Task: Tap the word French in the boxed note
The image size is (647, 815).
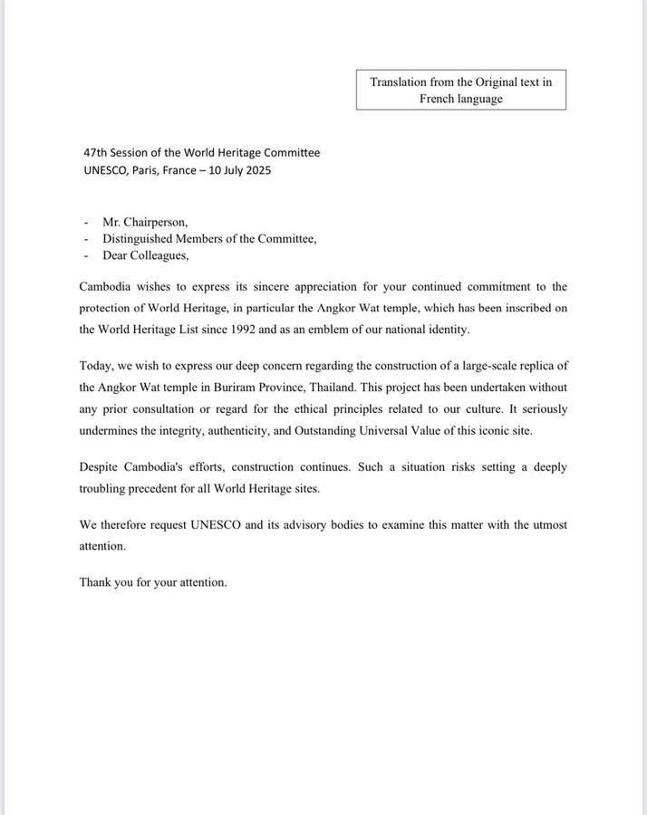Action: click(x=439, y=99)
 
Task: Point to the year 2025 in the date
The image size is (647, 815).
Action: click(x=258, y=170)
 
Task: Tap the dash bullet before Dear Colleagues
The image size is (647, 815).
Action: click(x=86, y=256)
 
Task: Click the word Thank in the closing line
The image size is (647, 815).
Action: click(x=94, y=582)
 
